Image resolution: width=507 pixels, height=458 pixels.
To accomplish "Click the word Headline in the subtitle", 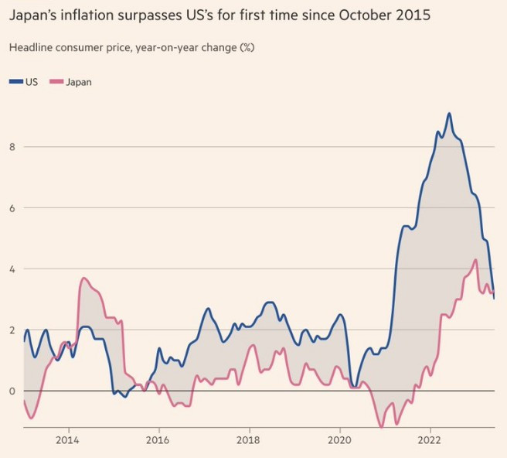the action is pos(30,48).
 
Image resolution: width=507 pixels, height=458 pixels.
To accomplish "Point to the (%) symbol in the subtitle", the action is pos(247,48).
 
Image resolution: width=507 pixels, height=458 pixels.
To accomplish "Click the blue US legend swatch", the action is pos(16,81).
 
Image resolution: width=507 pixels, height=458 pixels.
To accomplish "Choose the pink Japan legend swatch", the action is pos(56,81).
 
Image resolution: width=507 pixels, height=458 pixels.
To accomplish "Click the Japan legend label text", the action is pos(79,82).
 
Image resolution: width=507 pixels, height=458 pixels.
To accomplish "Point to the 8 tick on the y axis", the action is pos(12,147).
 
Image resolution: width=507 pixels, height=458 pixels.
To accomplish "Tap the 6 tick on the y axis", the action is pos(12,208).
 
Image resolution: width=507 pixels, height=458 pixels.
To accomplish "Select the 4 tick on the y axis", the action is pos(12,269).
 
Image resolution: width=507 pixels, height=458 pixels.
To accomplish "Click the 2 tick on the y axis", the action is pos(12,330).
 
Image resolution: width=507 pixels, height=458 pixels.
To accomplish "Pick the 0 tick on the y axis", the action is pos(12,391).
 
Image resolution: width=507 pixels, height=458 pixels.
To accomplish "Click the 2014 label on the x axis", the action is pos(67,440).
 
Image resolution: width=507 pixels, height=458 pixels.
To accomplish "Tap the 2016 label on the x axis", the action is pos(158,440).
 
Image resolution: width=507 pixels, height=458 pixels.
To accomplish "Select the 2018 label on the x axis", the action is pos(248,440).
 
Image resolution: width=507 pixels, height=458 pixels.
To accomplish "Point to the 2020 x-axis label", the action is pos(339,440).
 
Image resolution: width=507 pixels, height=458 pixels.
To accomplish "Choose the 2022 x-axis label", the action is pos(430,440).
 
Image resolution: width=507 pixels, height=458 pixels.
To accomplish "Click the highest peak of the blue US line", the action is pos(449,113).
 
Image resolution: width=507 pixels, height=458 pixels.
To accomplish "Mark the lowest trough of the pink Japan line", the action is pos(382,427).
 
